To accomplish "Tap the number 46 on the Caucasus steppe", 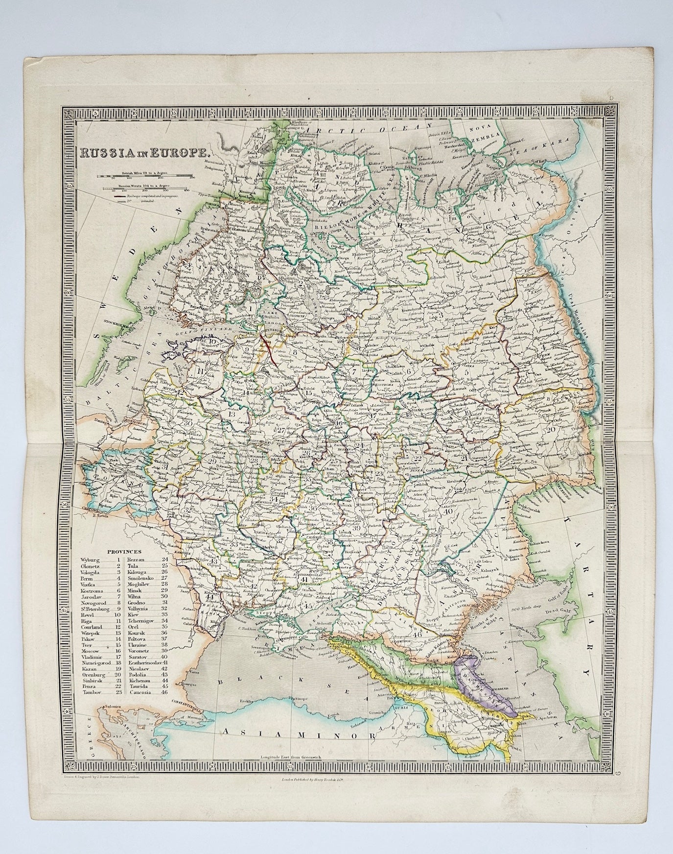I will coord(417,634).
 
